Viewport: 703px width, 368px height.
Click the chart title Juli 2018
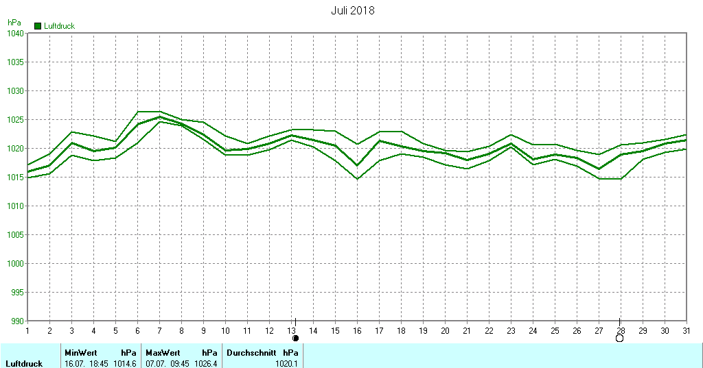352,11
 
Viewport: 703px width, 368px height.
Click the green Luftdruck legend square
38,26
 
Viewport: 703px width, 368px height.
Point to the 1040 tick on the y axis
16,33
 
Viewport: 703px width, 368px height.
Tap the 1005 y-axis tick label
16,234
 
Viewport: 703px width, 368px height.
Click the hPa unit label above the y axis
14,23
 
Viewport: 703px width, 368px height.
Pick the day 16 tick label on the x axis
357,330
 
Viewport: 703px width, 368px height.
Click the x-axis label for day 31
687,330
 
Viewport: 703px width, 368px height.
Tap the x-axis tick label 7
159,330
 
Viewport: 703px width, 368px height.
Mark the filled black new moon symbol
296,338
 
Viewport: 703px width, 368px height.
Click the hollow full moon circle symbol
620,338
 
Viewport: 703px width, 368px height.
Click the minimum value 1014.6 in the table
125,363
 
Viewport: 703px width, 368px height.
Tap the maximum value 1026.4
206,363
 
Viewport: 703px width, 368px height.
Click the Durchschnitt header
251,353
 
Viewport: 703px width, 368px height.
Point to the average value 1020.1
287,363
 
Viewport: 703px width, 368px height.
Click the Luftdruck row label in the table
25,363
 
